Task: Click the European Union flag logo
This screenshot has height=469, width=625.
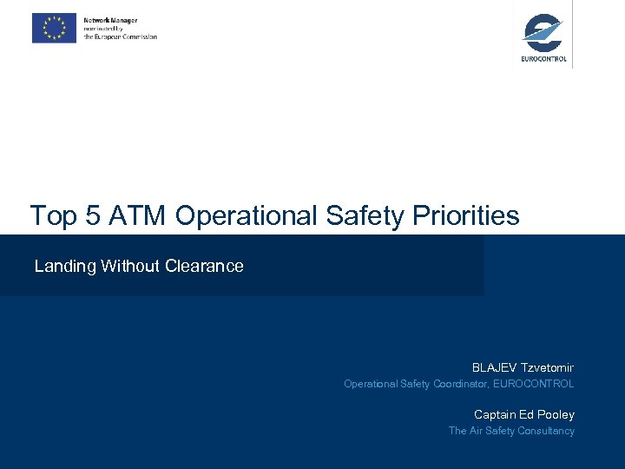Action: point(54,28)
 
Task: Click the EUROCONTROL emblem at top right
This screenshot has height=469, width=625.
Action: point(543,35)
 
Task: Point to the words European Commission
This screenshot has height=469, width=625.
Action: point(126,37)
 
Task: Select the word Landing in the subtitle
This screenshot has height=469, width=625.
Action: point(65,267)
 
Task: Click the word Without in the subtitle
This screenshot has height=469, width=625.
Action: point(128,266)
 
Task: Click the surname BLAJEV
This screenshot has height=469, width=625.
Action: point(492,367)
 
